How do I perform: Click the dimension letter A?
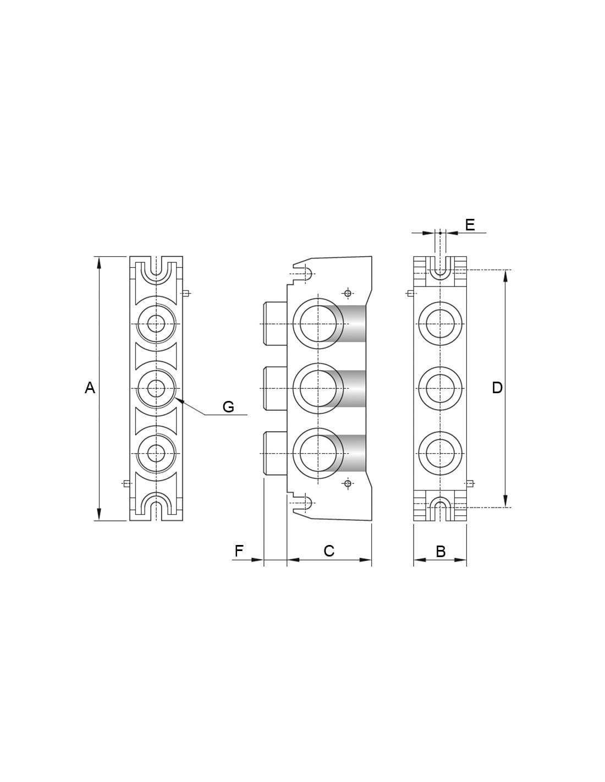tap(90, 388)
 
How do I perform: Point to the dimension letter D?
tap(497, 388)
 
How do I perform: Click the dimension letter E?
tap(470, 225)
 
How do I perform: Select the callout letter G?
tap(229, 407)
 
